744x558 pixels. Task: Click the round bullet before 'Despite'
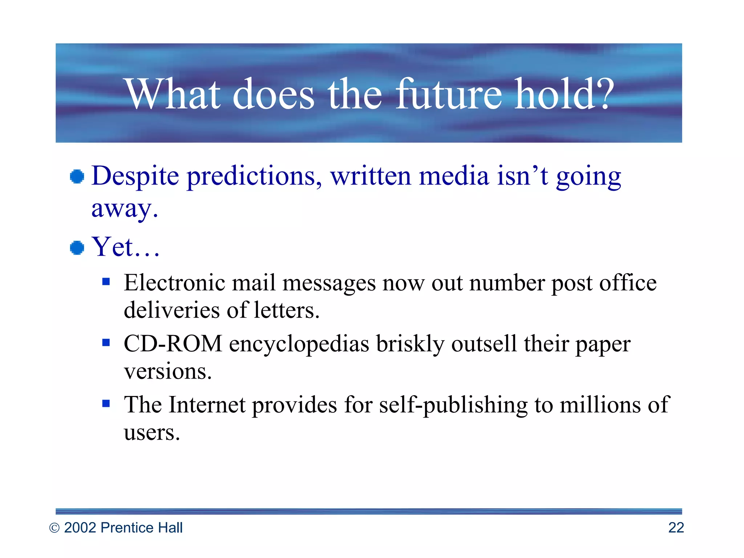pos(77,177)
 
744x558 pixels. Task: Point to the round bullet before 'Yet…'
pos(77,248)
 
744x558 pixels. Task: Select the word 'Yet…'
pos(125,247)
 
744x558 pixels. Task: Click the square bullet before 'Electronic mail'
pos(106,282)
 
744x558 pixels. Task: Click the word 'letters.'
pos(287,311)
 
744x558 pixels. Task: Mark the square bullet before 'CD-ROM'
pos(106,343)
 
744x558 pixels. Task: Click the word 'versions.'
pos(168,372)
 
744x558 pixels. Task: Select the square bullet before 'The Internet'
pos(106,403)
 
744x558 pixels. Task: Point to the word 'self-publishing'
pos(453,405)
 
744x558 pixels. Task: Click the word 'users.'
pos(152,433)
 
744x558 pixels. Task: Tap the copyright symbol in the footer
pos(54,528)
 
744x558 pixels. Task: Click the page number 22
pos(676,528)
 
